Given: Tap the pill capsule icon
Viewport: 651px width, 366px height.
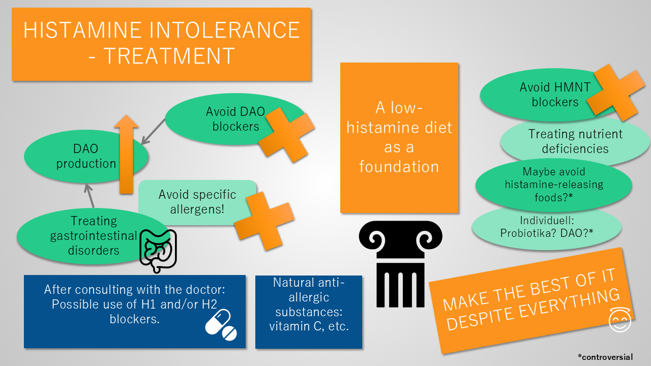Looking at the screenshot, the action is tap(221, 325).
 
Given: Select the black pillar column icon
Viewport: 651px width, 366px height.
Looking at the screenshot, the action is tap(400, 264).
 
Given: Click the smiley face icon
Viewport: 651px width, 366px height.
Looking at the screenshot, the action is tap(619, 320).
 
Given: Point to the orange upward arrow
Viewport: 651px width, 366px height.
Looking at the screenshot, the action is tap(127, 154).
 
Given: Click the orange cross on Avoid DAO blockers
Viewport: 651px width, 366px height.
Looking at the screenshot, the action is tap(286, 135).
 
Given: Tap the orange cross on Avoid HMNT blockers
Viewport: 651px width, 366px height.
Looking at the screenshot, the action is tap(615, 93).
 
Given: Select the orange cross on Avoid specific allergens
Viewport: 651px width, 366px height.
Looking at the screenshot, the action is tap(264, 221).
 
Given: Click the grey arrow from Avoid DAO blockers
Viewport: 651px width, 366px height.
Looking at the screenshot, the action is tap(153, 132).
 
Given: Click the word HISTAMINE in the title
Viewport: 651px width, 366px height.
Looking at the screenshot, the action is tap(82, 30).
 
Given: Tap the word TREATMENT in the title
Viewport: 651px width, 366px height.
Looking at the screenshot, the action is tap(169, 56).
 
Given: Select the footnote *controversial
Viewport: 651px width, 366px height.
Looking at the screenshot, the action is tap(605, 357).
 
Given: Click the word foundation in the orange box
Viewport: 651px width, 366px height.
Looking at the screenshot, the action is tap(399, 167).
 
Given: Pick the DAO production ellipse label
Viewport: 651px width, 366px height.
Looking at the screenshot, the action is tap(86, 156).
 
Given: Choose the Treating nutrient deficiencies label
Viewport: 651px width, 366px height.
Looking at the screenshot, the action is tap(575, 141).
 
